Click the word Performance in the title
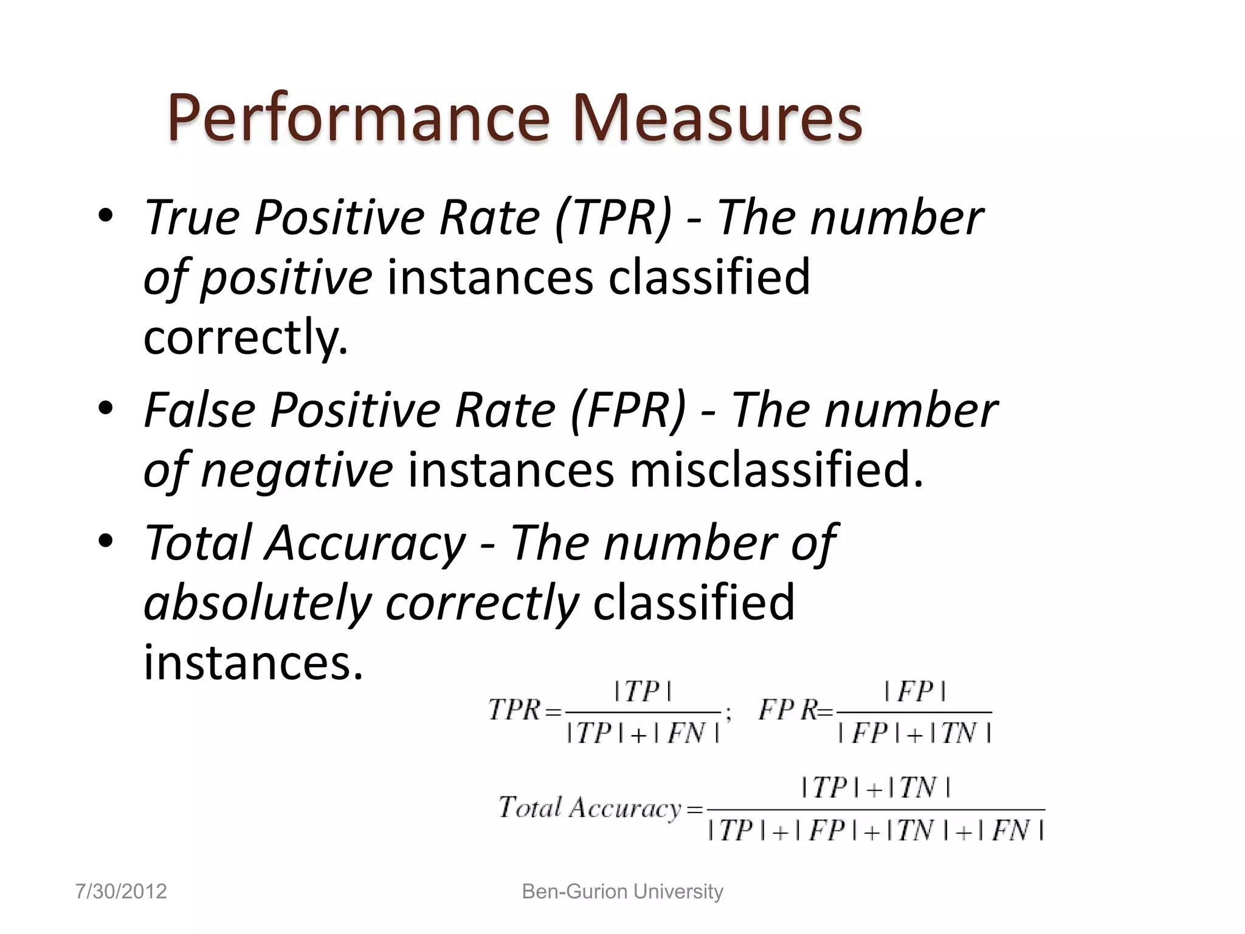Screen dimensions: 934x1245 point(359,118)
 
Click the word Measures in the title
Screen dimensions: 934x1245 point(717,118)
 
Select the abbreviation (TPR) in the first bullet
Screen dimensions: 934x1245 point(614,218)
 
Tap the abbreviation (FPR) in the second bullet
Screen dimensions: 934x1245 point(629,411)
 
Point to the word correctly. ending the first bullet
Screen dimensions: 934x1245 point(246,338)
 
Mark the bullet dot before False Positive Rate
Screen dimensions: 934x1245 point(106,409)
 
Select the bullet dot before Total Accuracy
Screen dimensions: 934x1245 point(106,541)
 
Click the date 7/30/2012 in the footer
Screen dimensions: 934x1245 point(121,891)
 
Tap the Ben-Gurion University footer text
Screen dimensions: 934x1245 point(622,891)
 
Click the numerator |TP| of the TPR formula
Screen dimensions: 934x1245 point(643,692)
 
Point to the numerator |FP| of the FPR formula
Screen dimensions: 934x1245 point(915,692)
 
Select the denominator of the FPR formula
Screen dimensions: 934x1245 point(914,733)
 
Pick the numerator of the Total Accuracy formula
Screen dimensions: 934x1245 point(875,788)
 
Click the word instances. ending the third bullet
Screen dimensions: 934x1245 point(253,663)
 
